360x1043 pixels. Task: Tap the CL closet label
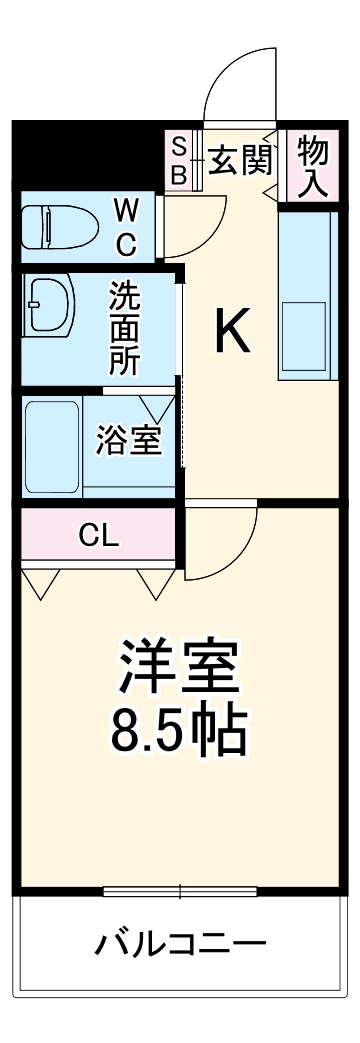99,536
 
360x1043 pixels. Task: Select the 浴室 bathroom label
128,440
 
